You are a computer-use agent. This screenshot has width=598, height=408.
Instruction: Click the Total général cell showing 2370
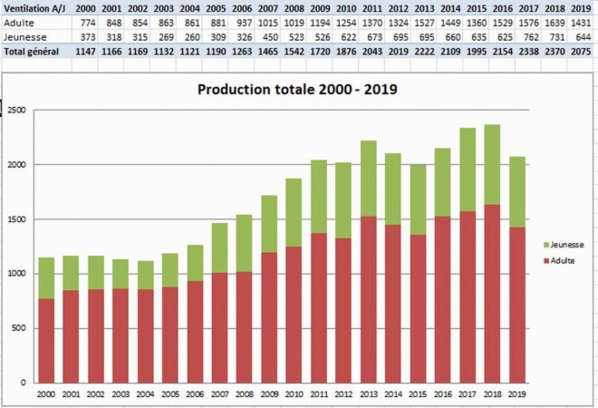[556, 51]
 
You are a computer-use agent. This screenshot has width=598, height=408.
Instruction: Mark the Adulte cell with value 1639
[556, 22]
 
